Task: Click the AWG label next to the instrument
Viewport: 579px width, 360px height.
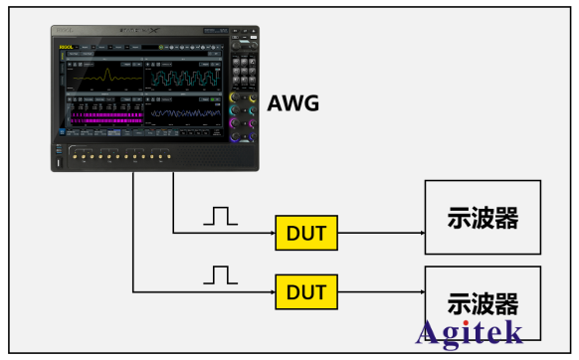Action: tap(293, 101)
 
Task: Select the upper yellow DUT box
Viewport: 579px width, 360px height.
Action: tap(306, 234)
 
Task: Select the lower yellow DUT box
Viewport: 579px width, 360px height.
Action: tap(306, 292)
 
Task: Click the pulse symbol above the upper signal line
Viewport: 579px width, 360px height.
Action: tap(222, 215)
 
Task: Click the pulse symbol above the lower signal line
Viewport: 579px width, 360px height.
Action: tap(222, 273)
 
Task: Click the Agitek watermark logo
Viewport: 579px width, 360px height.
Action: tap(467, 332)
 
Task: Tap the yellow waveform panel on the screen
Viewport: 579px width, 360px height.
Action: tap(103, 76)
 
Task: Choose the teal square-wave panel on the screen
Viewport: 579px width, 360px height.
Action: tap(184, 76)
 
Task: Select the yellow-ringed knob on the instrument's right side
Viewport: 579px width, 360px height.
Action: tap(236, 98)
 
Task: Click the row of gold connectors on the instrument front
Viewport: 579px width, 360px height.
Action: tap(114, 156)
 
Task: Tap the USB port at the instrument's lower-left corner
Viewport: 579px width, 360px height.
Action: tap(61, 160)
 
